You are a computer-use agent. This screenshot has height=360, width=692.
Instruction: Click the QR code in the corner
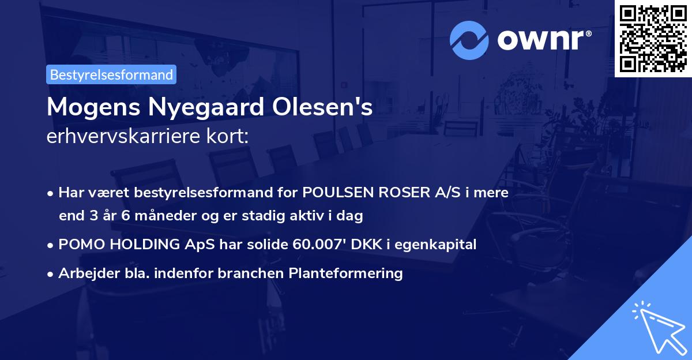coord(653,39)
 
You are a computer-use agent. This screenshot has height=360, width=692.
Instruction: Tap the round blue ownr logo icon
coord(469,40)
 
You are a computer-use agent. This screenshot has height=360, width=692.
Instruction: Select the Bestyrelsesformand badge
coord(111,74)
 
